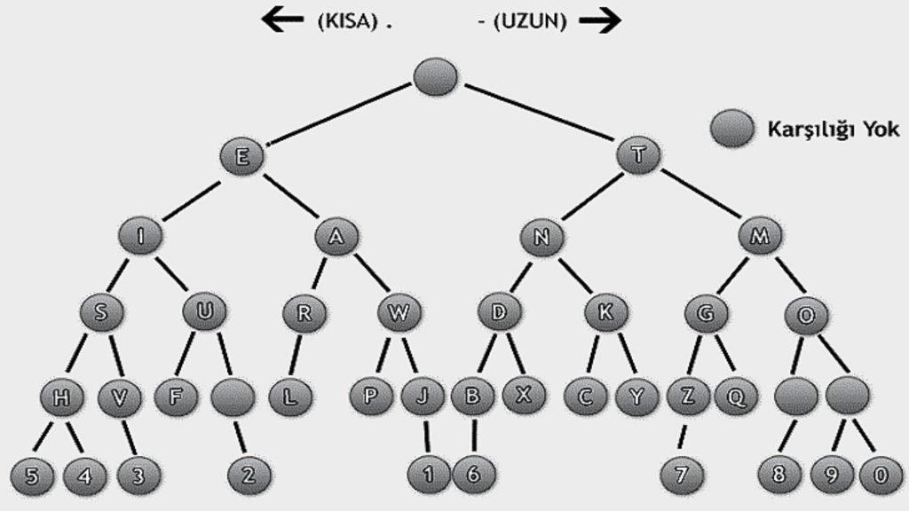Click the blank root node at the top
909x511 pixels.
click(436, 76)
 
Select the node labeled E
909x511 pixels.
click(241, 157)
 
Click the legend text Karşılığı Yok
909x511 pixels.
click(833, 130)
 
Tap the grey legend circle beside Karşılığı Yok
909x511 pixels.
click(732, 130)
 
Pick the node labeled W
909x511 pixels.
click(398, 312)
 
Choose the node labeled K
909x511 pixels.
click(607, 312)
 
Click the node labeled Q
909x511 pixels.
click(735, 397)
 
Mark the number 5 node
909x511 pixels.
click(32, 475)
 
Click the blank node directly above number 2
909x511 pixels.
click(233, 397)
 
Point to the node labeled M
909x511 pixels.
click(760, 236)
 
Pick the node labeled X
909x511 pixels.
click(524, 395)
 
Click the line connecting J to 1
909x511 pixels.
click(427, 436)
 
